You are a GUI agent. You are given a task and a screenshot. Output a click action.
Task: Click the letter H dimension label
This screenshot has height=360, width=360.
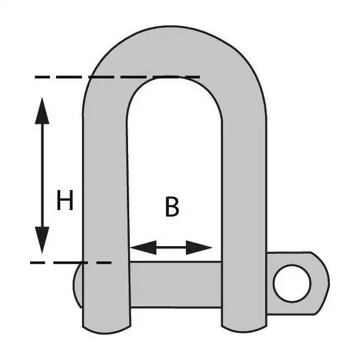(x=65, y=200)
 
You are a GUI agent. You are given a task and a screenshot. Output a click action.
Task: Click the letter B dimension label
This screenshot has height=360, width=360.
(x=172, y=207)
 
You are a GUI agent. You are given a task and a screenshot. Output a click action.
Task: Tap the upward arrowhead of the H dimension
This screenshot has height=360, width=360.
(x=42, y=111)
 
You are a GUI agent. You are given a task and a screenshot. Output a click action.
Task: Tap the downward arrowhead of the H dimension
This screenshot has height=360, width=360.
(x=42, y=240)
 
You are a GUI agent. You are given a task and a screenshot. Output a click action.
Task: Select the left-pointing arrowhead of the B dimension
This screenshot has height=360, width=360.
(x=143, y=247)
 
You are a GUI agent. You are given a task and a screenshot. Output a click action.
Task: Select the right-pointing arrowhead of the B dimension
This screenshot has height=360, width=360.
(x=199, y=247)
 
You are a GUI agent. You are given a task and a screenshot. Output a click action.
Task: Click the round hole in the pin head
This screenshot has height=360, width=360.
(x=292, y=283)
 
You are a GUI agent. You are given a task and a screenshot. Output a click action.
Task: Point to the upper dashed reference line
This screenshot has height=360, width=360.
(x=117, y=77)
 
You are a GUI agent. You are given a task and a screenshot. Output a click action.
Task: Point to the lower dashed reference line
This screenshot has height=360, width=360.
(x=71, y=263)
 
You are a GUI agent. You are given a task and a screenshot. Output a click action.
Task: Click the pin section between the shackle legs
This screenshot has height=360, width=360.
(x=175, y=284)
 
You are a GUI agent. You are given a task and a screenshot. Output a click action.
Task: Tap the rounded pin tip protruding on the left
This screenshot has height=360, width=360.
(x=78, y=284)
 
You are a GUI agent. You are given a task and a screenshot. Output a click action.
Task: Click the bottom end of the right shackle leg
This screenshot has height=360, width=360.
(x=244, y=329)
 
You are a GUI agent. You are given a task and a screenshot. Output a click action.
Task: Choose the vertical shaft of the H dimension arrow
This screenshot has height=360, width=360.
(x=42, y=176)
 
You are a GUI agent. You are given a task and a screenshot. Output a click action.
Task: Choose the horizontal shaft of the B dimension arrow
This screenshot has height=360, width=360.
(x=171, y=247)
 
